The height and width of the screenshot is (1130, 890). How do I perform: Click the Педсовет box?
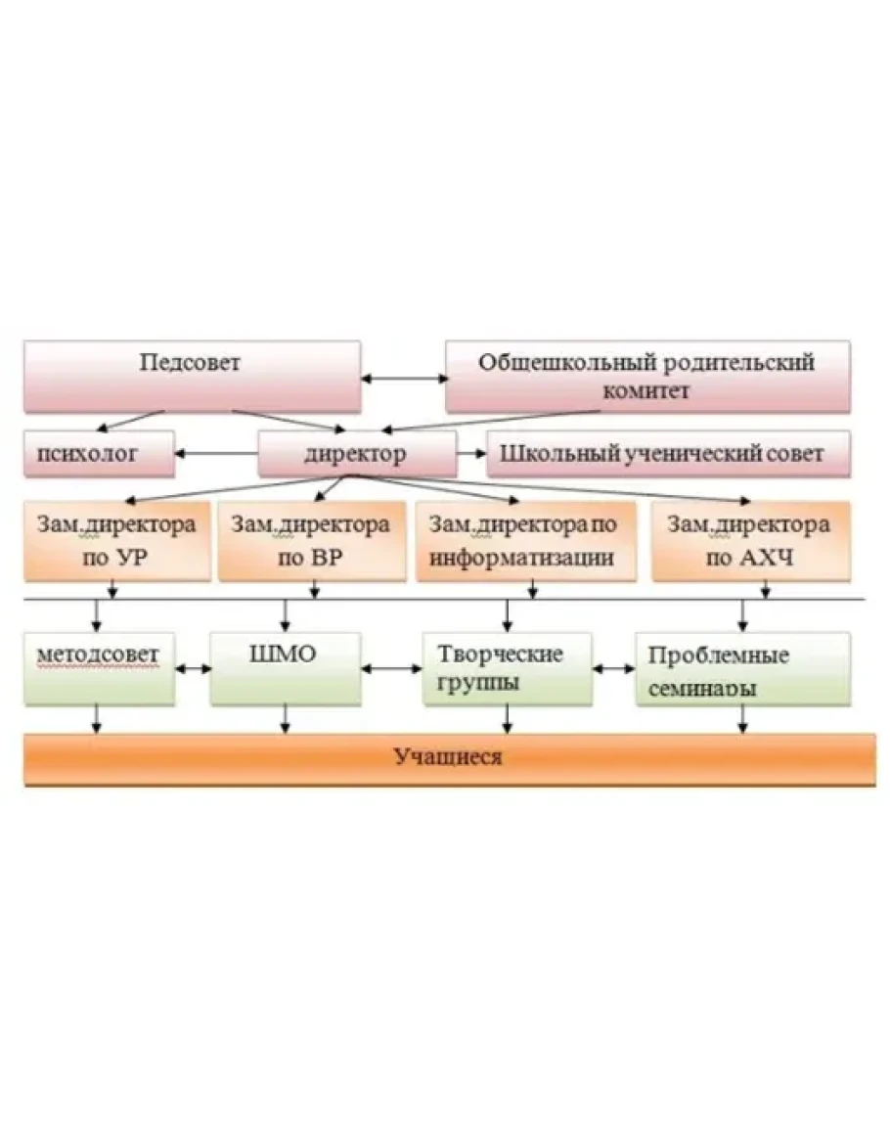192,376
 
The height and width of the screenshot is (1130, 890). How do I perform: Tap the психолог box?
99,454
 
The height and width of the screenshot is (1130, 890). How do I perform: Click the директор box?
356,454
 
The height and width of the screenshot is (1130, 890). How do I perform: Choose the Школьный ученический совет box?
667,454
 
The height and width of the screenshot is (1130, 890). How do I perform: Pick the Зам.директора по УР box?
116,541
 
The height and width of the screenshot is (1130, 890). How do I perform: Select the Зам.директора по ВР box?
311,541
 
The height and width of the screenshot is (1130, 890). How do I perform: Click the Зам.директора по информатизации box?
523,541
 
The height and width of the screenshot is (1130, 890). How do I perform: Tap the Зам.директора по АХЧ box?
750,541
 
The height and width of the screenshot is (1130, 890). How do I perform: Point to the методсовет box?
100,668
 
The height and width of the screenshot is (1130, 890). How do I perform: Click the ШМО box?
285,668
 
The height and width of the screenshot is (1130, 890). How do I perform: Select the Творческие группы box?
507,668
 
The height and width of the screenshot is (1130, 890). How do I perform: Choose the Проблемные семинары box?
742,668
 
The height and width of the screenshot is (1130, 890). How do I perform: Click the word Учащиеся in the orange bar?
449,756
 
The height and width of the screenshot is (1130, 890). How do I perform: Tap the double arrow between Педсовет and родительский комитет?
403,377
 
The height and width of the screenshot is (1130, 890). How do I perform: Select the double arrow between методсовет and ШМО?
193,669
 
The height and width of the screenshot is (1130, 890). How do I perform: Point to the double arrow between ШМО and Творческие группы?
390,669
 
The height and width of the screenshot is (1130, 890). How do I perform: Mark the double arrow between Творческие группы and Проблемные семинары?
613,669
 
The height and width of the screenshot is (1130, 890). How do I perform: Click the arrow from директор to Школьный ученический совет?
471,453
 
